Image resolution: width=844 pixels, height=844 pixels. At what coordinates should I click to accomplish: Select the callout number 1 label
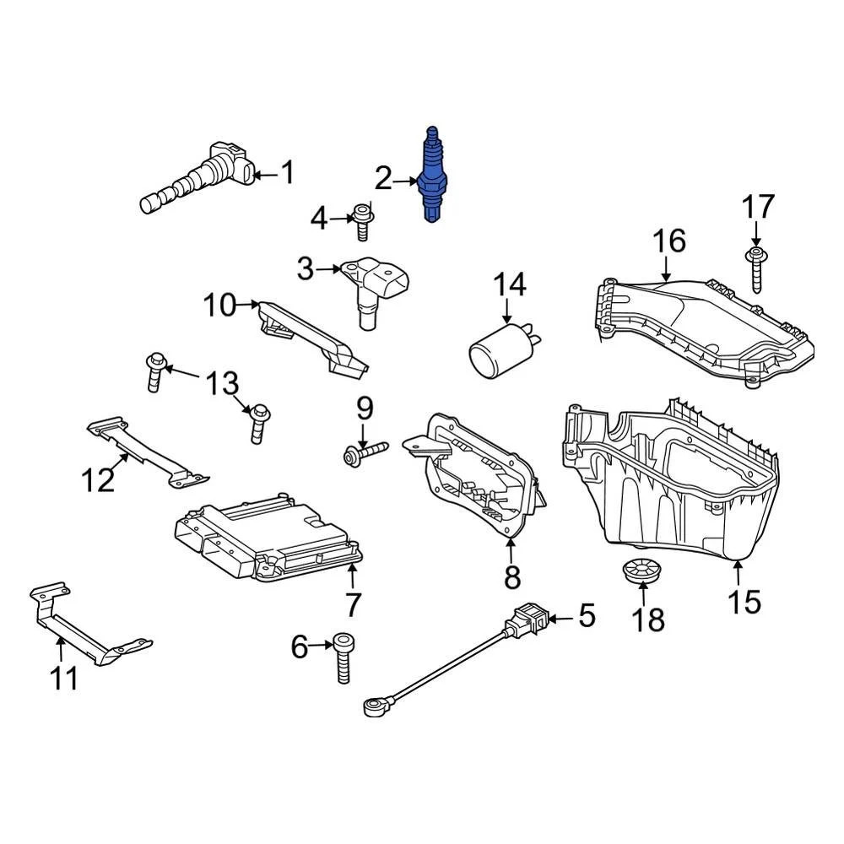[x=288, y=173]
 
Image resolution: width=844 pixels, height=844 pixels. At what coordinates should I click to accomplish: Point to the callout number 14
[x=509, y=284]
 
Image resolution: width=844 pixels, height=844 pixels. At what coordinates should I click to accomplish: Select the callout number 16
[x=669, y=241]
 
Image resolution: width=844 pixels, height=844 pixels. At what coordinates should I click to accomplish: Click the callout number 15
[x=744, y=601]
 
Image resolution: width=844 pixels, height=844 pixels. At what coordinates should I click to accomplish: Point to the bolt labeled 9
[x=365, y=452]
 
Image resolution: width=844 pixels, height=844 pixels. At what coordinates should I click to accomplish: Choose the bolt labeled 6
[x=344, y=658]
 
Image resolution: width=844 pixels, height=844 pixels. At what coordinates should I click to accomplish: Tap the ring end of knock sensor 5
[x=374, y=704]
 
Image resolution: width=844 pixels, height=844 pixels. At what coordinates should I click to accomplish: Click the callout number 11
[x=64, y=677]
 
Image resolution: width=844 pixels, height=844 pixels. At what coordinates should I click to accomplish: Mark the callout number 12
[x=97, y=480]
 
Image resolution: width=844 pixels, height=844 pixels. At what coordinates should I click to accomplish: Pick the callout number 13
[x=222, y=385]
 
